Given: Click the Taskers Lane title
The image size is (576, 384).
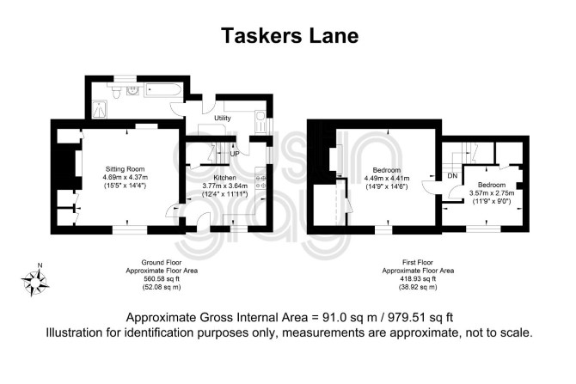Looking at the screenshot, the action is (x=290, y=35).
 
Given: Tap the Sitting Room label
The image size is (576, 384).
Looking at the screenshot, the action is (x=125, y=169).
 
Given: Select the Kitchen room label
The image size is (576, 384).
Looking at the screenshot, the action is (x=225, y=178).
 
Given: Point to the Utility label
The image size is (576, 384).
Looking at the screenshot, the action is (x=223, y=118).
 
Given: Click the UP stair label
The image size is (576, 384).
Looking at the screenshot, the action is (x=235, y=154).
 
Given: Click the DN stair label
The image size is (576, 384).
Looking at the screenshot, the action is (x=452, y=176).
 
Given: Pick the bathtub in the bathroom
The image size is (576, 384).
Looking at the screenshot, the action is (x=162, y=89).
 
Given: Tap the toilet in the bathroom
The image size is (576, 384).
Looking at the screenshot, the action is (x=116, y=92).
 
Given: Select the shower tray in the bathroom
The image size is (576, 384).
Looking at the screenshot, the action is (x=99, y=110).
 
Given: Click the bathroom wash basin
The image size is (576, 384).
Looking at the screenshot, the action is (x=132, y=89).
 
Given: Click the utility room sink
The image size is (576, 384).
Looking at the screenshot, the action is (x=260, y=121).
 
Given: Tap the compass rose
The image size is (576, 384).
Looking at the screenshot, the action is (x=35, y=283).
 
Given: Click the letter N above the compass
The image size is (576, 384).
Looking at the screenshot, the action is (x=40, y=265).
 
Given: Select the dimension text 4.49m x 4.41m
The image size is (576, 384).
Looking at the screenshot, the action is (x=387, y=179).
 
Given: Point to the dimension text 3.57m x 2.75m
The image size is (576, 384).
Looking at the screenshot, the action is (x=492, y=193).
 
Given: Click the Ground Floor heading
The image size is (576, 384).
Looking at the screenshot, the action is (x=162, y=263).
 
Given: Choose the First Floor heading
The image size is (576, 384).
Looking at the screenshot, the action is (x=418, y=263).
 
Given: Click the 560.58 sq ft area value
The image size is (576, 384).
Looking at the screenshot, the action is (x=162, y=279).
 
